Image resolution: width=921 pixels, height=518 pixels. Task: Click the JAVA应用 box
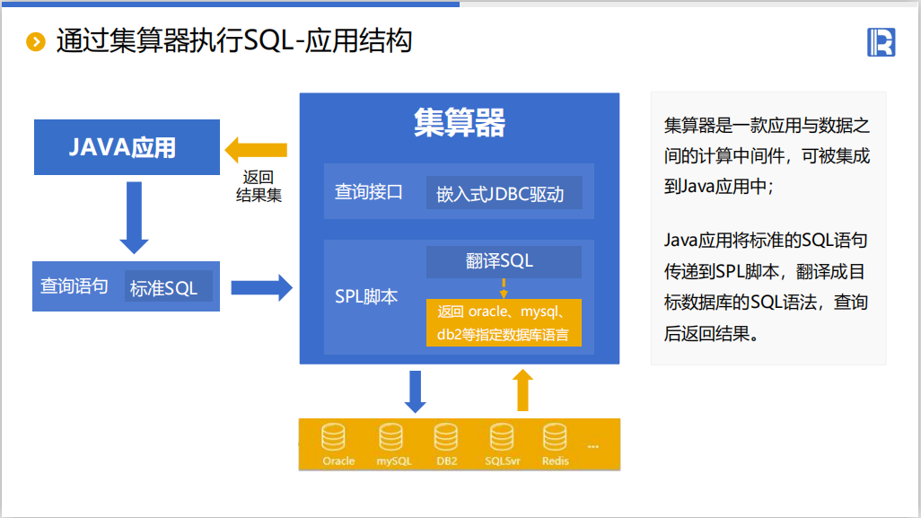tap(127, 146)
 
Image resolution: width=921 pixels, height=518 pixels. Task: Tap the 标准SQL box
tap(168, 288)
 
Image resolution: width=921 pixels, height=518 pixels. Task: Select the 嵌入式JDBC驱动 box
tap(504, 193)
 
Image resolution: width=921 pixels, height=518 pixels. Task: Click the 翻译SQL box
tap(504, 260)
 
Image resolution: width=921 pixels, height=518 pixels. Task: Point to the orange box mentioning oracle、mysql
tap(504, 324)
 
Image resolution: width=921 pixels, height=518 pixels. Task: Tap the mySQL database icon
tap(391, 437)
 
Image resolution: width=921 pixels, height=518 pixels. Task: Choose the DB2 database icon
tap(446, 437)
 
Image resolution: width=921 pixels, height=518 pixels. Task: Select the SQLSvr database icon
tap(502, 437)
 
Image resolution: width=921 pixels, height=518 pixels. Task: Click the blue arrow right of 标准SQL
tap(261, 287)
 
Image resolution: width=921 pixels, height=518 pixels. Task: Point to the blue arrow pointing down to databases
tap(416, 391)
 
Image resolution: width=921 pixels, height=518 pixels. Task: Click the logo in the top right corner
tap(881, 42)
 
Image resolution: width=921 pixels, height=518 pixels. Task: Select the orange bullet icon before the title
tap(36, 42)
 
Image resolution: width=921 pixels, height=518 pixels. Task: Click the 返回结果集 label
tap(259, 186)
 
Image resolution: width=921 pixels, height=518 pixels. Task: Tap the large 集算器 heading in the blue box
tap(459, 122)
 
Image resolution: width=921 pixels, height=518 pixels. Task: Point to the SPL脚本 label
tap(366, 296)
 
